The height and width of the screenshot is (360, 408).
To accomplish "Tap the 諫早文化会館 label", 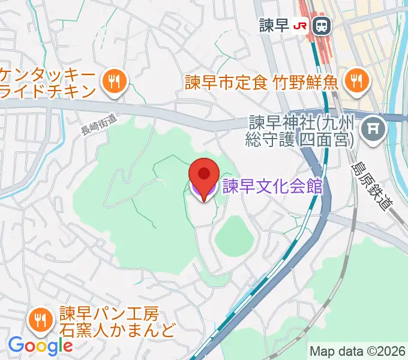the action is [272, 187].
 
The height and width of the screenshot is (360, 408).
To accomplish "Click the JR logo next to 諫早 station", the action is [301, 25].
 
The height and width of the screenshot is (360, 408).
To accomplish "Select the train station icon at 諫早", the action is [322, 25].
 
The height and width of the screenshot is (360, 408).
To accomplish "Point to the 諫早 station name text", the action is [274, 25].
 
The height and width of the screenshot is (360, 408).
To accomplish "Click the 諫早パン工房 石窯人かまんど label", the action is [117, 322].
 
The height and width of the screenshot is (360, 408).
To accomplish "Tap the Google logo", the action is [40, 346].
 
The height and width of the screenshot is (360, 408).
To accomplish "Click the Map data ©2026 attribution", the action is [357, 351].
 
